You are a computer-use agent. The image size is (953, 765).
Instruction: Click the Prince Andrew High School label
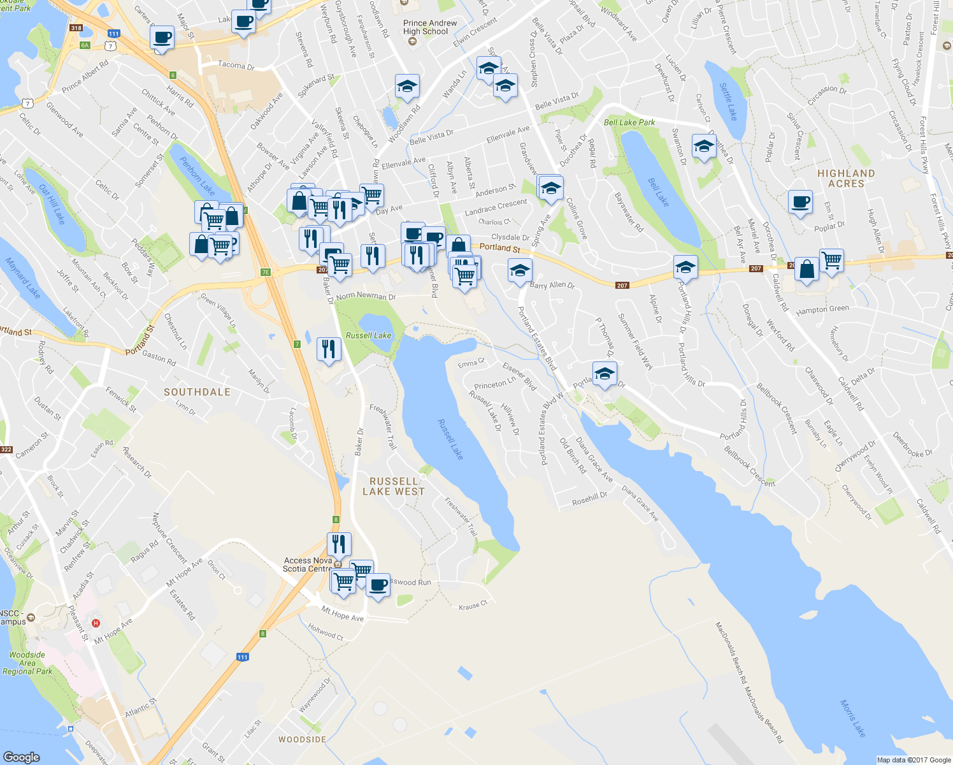[x=430, y=27]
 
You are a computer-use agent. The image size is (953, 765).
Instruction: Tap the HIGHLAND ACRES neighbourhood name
[x=846, y=178]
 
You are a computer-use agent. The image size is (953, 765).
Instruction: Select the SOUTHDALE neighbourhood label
[x=197, y=392]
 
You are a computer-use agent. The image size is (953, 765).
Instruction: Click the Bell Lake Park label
[x=629, y=122]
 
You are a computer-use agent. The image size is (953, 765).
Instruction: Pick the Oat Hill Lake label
[x=52, y=204]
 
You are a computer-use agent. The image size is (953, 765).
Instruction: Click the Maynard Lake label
[x=23, y=278]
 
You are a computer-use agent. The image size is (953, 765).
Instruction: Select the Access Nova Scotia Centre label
[x=308, y=565]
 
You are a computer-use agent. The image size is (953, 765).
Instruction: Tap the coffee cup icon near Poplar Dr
[x=801, y=202]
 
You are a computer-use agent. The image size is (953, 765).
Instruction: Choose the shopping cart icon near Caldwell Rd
[x=831, y=260]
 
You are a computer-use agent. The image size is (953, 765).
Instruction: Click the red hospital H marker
[x=96, y=623]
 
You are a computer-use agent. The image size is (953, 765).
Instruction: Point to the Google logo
[x=22, y=757]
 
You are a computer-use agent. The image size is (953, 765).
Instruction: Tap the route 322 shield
[x=6, y=449]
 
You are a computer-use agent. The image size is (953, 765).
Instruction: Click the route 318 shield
[x=76, y=28]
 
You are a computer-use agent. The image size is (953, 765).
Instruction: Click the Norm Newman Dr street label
[x=366, y=296]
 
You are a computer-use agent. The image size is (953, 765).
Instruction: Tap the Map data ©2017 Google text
[x=914, y=760]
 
